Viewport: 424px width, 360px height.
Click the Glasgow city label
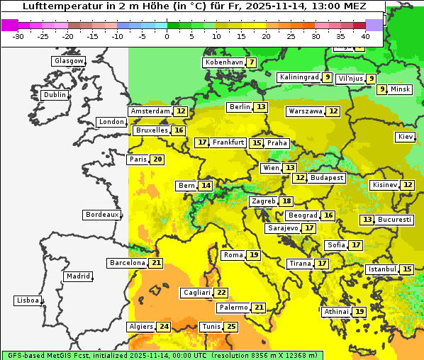coord(68,61)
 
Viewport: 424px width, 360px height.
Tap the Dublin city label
coord(54,95)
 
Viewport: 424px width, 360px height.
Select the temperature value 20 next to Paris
coord(157,159)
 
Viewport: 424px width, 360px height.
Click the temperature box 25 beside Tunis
coord(231,327)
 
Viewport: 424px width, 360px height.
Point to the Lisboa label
coord(28,300)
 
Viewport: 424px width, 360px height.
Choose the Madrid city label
coord(78,276)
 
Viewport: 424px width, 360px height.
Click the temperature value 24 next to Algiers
coord(164,327)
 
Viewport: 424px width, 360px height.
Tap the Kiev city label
coord(406,137)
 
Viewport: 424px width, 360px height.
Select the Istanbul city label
coord(381,269)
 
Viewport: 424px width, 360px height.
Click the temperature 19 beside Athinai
coord(359,312)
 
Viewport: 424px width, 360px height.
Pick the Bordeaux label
coord(101,215)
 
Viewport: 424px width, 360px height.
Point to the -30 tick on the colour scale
coord(18,35)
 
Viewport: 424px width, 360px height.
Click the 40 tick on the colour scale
coord(365,35)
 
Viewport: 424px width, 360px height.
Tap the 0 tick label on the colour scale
coord(167,35)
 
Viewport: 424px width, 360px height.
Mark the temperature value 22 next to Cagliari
coord(221,293)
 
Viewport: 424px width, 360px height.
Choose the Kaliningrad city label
coord(299,77)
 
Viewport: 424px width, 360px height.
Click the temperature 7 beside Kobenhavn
coord(251,62)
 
